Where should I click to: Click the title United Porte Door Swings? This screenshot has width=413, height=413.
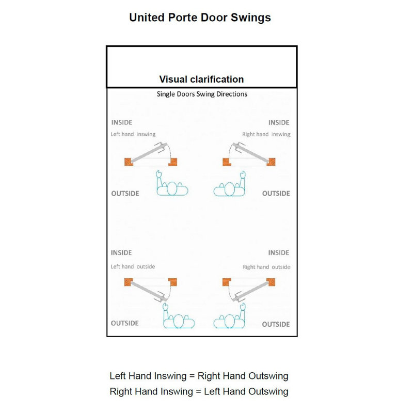coord(200,18)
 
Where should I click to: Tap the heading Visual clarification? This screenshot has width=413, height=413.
coord(201,80)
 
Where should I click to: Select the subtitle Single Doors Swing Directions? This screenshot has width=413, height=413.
coord(202,94)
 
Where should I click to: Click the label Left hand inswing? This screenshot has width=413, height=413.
coord(133,134)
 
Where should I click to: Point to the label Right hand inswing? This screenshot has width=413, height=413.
coord(266,134)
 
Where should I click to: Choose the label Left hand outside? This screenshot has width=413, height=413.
coord(133,266)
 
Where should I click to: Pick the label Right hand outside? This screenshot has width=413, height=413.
coord(266,267)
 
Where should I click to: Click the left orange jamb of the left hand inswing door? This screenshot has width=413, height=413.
coord(129,162)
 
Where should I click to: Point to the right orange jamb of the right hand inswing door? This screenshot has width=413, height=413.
coord(271,162)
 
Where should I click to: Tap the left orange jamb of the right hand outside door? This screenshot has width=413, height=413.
coord(227,282)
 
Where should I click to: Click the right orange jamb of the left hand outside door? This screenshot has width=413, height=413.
coord(172,282)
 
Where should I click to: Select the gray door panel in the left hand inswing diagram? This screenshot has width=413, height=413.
coord(149,153)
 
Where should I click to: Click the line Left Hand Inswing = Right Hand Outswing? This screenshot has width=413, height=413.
coord(199,376)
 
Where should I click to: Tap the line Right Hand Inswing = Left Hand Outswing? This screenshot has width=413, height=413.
coord(199,391)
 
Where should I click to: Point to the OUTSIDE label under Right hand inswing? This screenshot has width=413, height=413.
coord(276,194)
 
